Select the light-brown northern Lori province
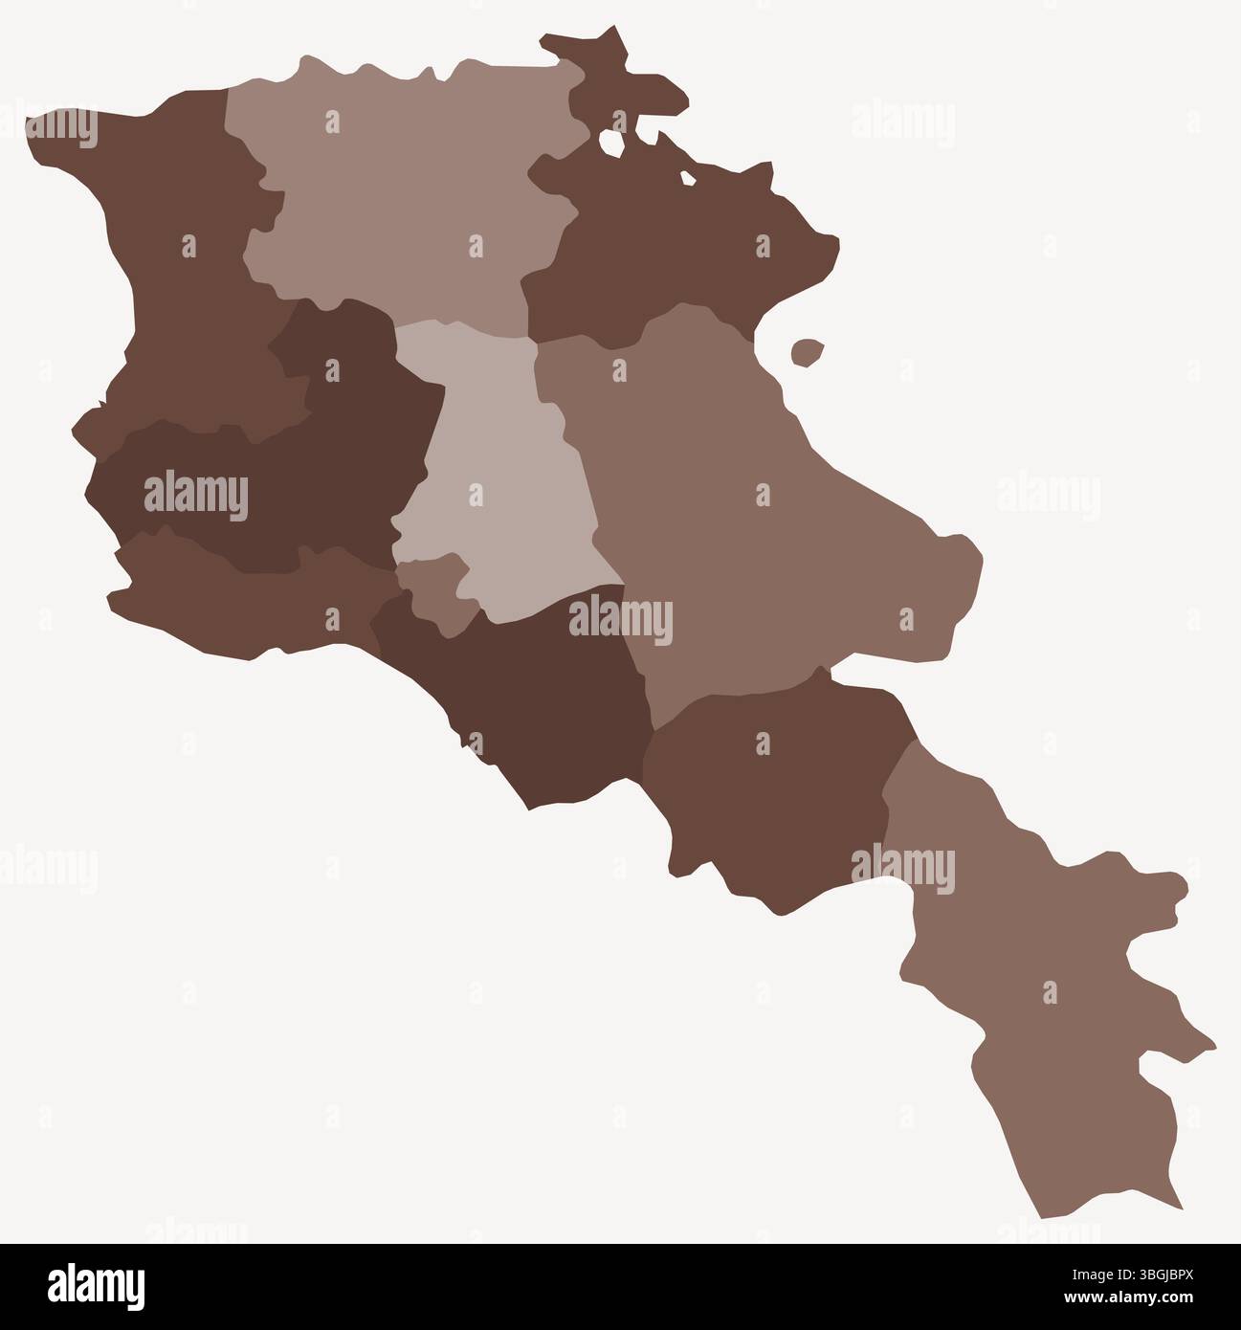(402, 191)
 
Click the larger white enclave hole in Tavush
(611, 142)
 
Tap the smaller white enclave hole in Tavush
(687, 178)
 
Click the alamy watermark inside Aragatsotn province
(195, 496)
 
